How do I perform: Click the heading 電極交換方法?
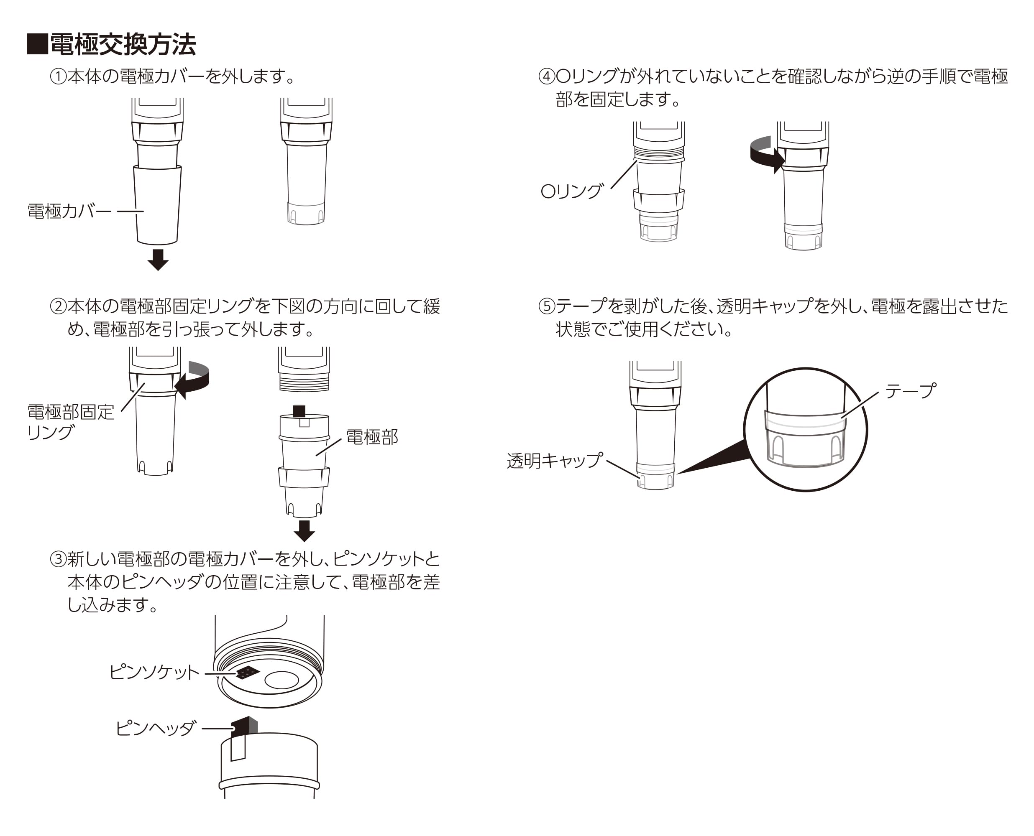click(123, 45)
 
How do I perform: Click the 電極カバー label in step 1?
click(69, 211)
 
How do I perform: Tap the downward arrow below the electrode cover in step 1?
click(158, 260)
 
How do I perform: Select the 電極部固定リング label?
click(70, 422)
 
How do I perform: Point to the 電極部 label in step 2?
click(372, 437)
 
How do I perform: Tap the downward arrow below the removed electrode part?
click(304, 531)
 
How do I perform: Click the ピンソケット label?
click(154, 672)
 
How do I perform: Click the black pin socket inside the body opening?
click(248, 672)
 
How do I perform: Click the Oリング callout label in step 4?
click(572, 191)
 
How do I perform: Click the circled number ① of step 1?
click(58, 76)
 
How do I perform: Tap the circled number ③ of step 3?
click(58, 559)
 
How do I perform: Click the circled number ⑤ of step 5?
click(547, 306)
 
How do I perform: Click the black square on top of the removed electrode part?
click(299, 411)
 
